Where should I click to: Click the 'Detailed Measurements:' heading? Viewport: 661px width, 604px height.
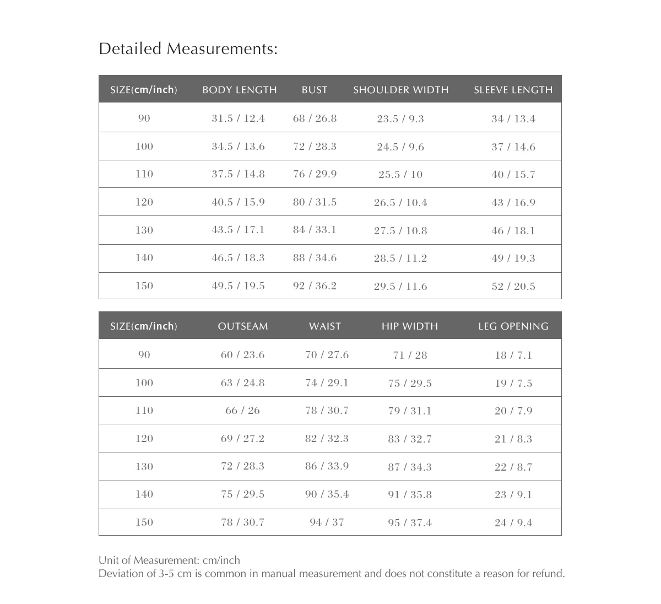coord(188,49)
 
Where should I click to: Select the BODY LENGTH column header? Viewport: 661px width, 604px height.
coord(240,90)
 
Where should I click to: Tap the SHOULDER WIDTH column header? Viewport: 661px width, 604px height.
coord(400,90)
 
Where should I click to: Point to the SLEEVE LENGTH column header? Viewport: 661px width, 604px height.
coord(513,90)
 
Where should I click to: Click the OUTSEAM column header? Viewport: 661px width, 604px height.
coord(243,326)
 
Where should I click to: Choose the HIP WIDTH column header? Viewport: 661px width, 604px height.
coord(410,326)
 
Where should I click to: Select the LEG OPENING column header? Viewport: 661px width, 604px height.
coord(513,326)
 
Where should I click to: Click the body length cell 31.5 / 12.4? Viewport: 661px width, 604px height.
coord(238,118)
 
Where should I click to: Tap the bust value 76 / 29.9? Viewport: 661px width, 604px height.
coord(315,174)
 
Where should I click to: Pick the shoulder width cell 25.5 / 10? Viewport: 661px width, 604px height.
coord(400,175)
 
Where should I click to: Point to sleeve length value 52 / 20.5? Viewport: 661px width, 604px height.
coord(513,286)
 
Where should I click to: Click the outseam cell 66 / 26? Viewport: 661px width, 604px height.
coord(243,411)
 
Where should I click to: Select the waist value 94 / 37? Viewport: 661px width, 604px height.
coord(327,522)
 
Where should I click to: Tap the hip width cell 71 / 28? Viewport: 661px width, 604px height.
coord(410,355)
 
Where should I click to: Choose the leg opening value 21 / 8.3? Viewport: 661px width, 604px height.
coord(513,439)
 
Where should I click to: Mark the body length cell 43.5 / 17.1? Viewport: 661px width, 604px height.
coord(238,230)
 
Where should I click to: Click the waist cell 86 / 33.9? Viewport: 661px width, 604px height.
coord(327,466)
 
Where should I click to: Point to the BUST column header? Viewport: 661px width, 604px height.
coord(315,90)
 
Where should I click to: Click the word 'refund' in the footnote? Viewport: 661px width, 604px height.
coord(548,574)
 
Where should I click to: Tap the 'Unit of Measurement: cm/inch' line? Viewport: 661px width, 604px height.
coord(169,560)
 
